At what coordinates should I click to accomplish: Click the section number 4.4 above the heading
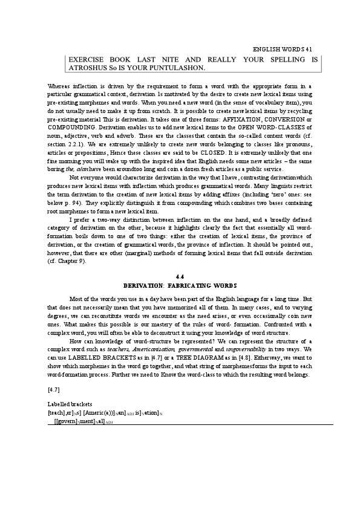click(x=180, y=277)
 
